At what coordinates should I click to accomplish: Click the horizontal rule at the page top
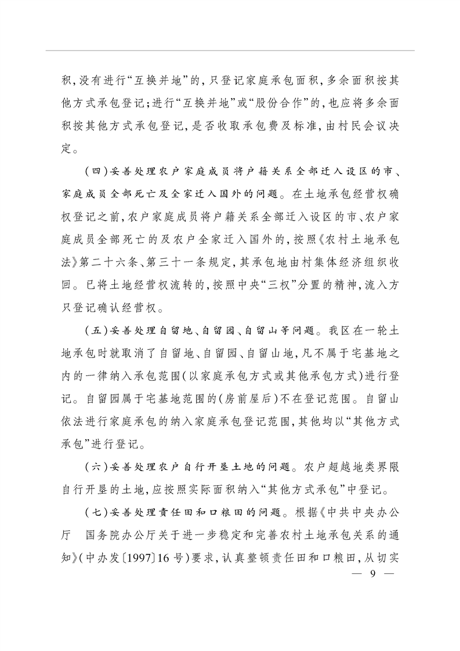[230, 50]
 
